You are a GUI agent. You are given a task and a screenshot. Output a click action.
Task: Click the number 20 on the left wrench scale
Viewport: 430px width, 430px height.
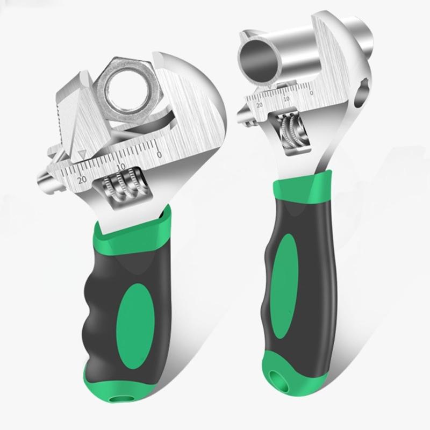coord(82,180)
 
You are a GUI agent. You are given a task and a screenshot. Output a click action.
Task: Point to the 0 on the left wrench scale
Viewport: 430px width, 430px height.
coord(159,154)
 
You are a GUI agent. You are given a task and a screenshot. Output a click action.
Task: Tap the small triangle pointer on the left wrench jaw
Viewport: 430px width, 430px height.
coord(82,154)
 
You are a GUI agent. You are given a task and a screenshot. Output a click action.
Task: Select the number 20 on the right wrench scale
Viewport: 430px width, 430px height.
coord(260,105)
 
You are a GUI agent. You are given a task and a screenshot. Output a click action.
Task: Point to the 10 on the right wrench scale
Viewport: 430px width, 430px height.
coord(286,98)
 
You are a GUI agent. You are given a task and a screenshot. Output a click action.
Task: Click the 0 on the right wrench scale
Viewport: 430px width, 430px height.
coord(311,93)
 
